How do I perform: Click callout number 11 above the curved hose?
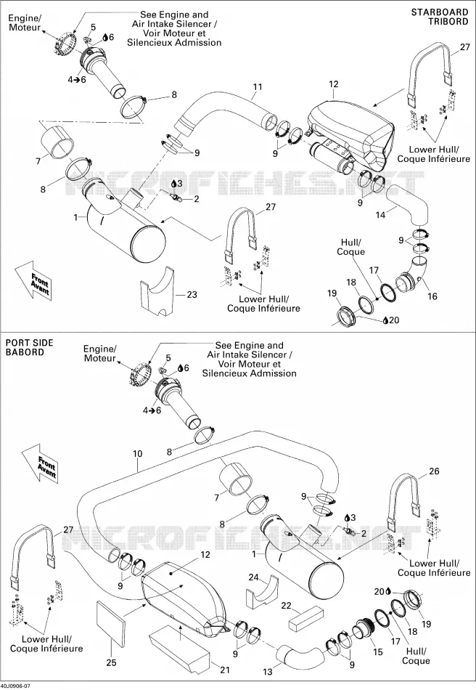pyautogui.click(x=257, y=86)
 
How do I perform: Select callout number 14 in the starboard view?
pyautogui.click(x=380, y=215)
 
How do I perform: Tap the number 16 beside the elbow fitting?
pyautogui.click(x=432, y=296)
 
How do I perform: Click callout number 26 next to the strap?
pyautogui.click(x=434, y=471)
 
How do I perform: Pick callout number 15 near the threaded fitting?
pyautogui.click(x=378, y=652)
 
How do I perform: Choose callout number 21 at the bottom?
pyautogui.click(x=225, y=670)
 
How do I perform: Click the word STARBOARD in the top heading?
pyautogui.click(x=440, y=12)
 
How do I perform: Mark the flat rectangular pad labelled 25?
pyautogui.click(x=111, y=625)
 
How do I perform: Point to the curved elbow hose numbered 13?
pyautogui.click(x=300, y=656)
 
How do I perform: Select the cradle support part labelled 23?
pyautogui.click(x=157, y=291)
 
